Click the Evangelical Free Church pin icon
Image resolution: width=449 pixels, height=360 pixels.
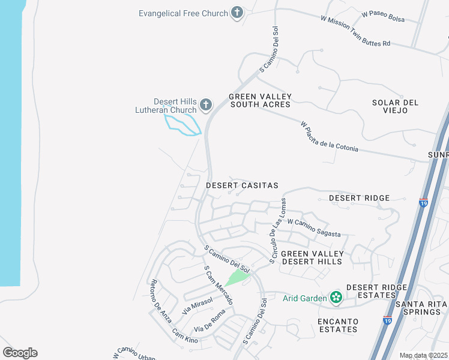238,13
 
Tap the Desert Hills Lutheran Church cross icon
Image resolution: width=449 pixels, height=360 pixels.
206,106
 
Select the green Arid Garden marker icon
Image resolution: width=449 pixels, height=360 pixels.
336,297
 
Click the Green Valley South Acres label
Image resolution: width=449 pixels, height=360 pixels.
260,100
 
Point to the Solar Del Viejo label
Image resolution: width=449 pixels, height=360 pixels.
395,106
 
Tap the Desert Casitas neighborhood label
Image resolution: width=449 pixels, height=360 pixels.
242,185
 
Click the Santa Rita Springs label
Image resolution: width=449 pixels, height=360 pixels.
421,308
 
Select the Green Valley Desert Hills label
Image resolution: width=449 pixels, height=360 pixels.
311,257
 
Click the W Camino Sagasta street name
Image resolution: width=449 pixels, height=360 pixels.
314,228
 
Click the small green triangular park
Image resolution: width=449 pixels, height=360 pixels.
238,278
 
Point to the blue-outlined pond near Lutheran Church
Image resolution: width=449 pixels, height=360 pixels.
181,125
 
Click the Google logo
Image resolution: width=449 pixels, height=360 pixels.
20,353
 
